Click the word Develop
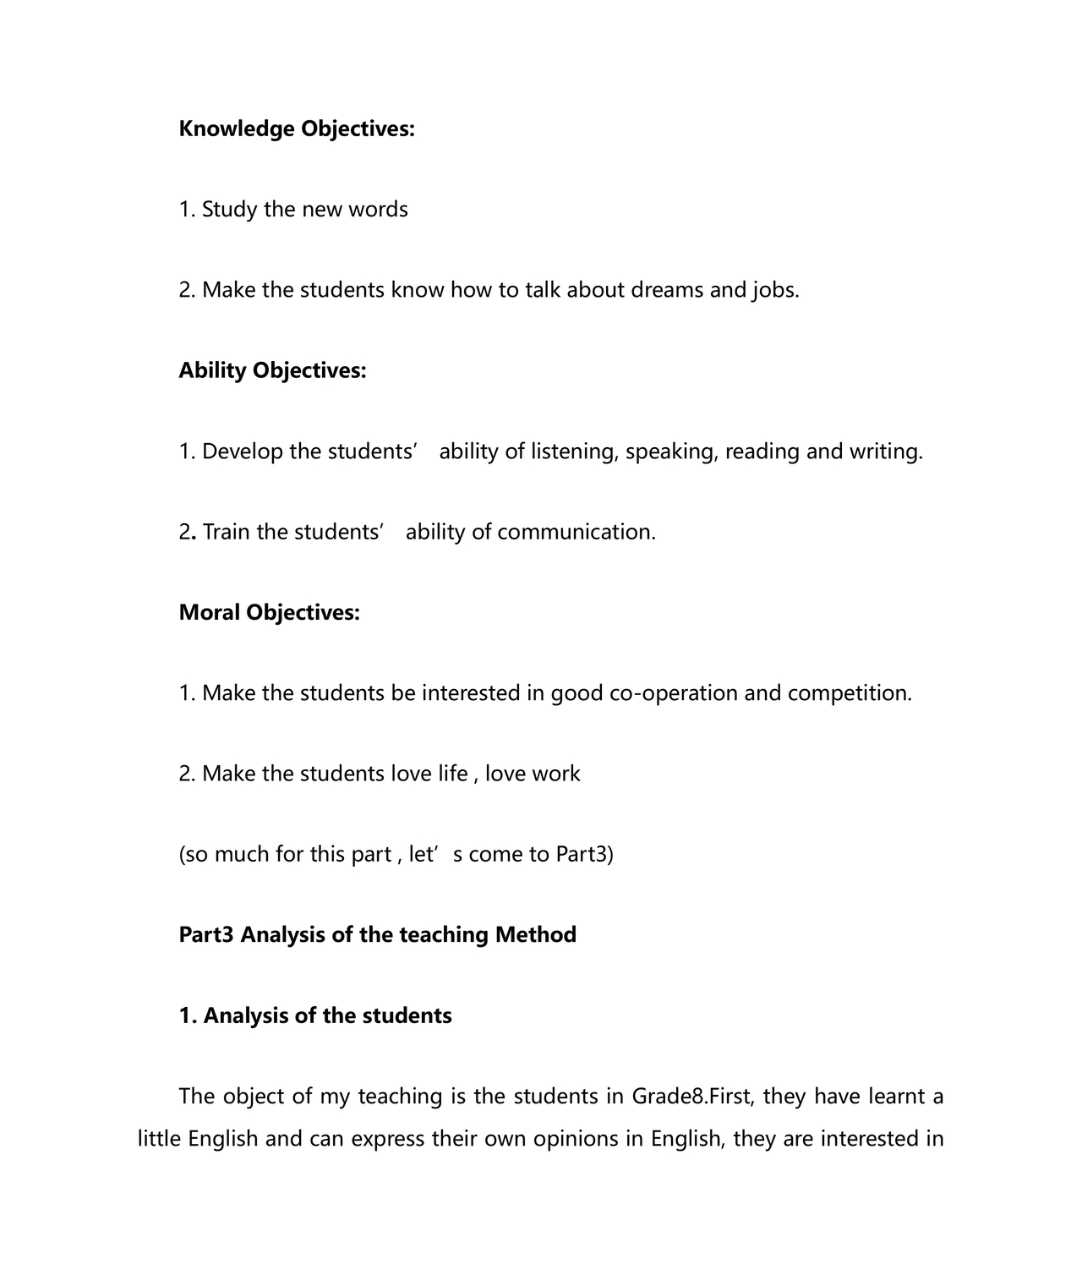coord(242,451)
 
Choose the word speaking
coord(671,451)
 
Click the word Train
coord(226,532)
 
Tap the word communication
coord(576,532)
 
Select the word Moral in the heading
coord(209,612)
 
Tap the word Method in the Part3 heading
coord(536,935)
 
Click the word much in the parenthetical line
coord(242,855)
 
